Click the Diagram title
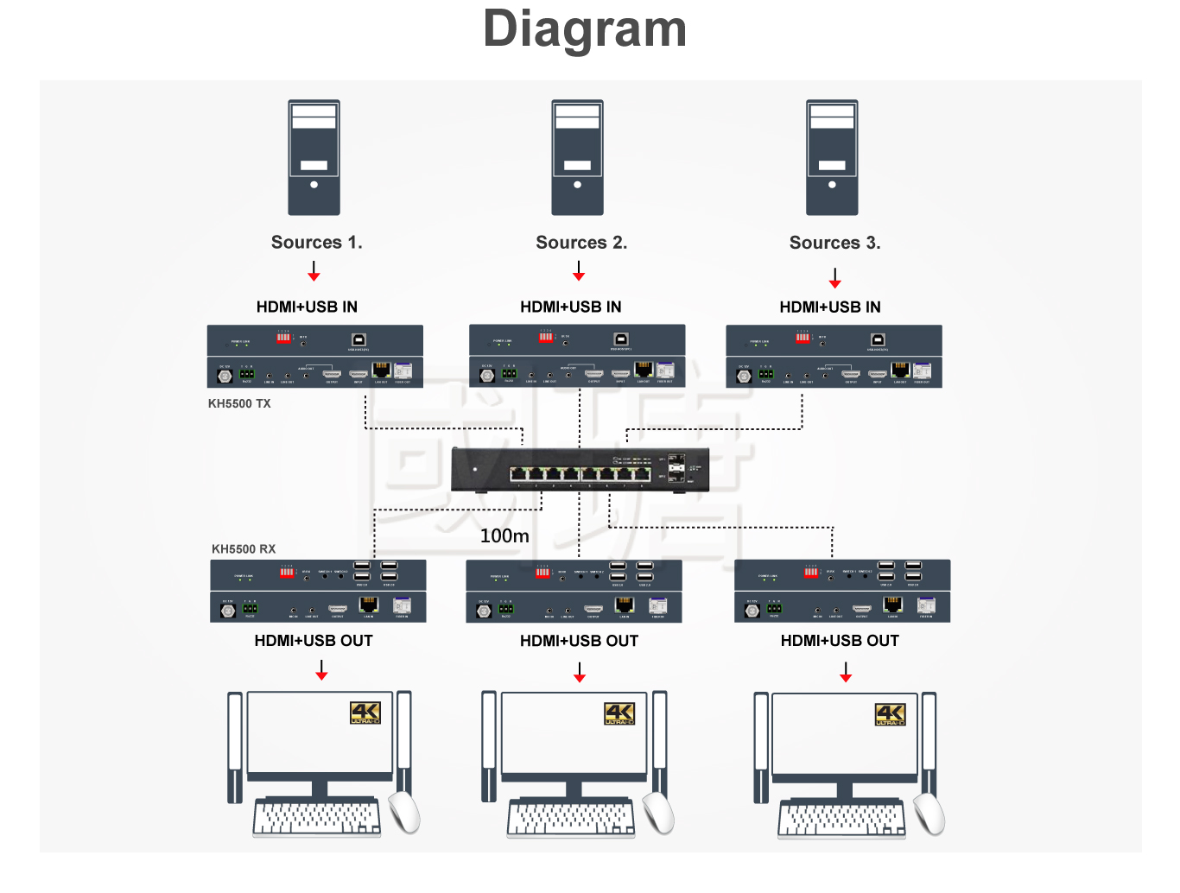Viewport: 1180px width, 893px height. click(x=585, y=29)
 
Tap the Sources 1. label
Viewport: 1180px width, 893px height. click(x=316, y=243)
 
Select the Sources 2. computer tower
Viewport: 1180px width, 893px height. click(x=577, y=157)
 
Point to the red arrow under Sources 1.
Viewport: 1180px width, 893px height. click(x=314, y=273)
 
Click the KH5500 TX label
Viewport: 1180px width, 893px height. click(x=239, y=403)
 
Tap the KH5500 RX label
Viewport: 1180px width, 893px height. click(x=244, y=549)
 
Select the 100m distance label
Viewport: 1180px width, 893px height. click(x=504, y=536)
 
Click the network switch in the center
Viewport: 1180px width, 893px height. click(x=580, y=470)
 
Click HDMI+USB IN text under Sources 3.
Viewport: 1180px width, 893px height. click(x=829, y=307)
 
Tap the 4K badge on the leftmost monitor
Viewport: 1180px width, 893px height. click(x=365, y=712)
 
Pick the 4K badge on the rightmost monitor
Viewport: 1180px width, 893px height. click(x=890, y=714)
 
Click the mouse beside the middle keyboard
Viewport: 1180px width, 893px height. click(x=659, y=813)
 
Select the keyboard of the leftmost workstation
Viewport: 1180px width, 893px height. click(x=317, y=818)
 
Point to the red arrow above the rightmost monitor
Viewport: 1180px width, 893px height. click(x=846, y=673)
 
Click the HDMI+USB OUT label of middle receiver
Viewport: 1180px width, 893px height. click(x=579, y=641)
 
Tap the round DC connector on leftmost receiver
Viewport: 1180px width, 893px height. click(x=228, y=611)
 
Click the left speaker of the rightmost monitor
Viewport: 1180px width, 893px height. click(x=761, y=747)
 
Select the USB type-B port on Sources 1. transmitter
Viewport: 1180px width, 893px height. click(x=358, y=339)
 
